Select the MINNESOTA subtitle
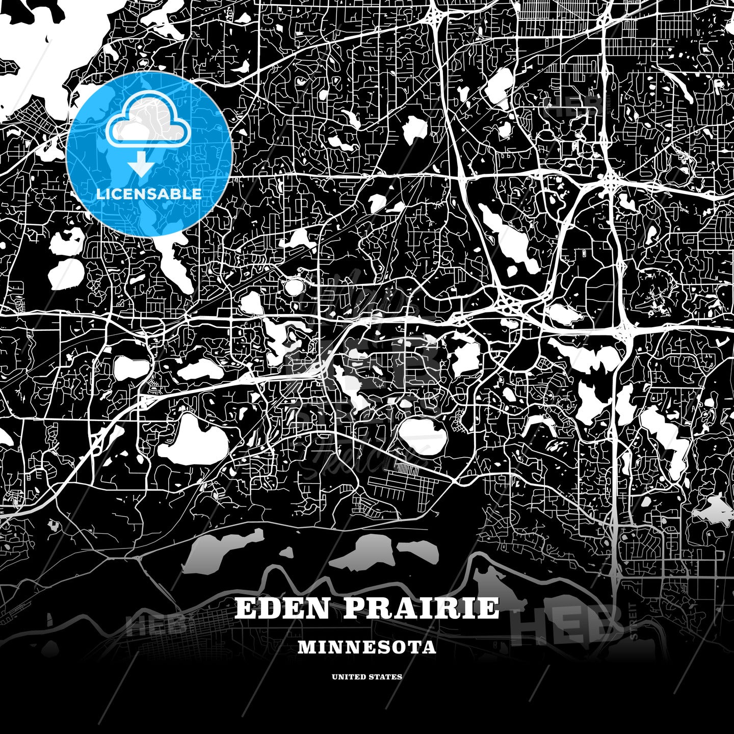367,647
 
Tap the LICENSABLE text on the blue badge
149,194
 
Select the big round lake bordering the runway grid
423,436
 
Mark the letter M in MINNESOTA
305,647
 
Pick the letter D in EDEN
270,608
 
